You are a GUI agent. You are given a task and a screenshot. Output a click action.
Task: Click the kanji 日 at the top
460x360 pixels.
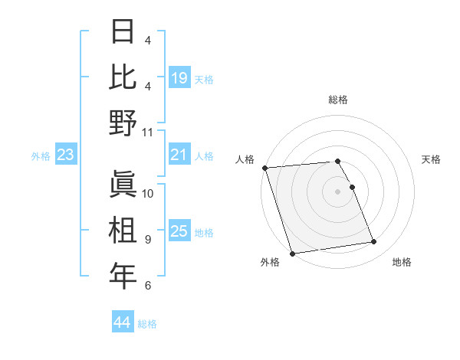[x=123, y=31]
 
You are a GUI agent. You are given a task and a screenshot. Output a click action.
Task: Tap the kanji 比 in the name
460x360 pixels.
[x=123, y=77]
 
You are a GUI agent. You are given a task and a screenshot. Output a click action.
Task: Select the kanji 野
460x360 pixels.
[x=123, y=123]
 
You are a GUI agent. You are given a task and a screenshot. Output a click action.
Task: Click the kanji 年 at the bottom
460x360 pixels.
[x=123, y=276]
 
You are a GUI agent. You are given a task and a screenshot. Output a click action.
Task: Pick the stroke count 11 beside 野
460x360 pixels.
[x=148, y=132]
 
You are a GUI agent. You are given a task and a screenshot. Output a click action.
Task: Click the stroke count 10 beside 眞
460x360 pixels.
[x=148, y=193]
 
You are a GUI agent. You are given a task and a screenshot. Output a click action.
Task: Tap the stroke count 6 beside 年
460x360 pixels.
[x=147, y=285]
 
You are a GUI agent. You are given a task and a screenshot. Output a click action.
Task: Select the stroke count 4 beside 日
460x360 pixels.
[x=147, y=40]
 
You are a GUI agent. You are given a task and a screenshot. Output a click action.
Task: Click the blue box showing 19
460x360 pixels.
[x=179, y=77]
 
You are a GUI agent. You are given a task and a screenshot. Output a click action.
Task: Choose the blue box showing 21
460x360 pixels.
[x=179, y=155]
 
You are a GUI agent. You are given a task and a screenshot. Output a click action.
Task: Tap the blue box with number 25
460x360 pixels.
[x=179, y=231]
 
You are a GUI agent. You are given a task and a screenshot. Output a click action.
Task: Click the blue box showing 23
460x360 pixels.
[x=66, y=155]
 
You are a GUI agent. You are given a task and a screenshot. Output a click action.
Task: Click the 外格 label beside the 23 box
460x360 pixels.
[x=41, y=156]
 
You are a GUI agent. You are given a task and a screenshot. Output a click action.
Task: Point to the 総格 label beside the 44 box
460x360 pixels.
[x=147, y=324]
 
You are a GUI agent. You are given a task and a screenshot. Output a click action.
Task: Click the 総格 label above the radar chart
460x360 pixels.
[x=337, y=100]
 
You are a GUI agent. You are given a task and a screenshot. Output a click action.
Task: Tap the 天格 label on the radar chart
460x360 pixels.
[x=431, y=159]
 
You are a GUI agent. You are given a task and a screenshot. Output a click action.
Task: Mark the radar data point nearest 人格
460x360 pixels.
[x=264, y=168]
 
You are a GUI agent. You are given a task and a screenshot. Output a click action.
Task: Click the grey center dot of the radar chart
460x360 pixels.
[x=337, y=191]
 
